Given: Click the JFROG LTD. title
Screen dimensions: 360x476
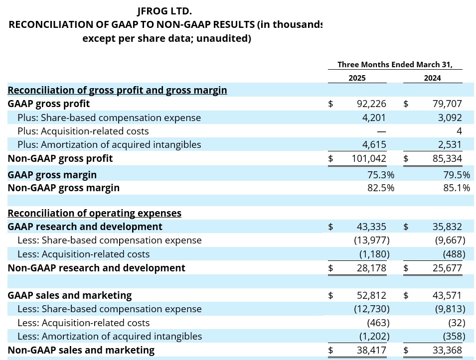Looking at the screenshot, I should [x=164, y=10].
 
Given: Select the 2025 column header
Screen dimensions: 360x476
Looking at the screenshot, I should [x=357, y=78].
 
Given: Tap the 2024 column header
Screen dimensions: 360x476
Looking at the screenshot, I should [x=432, y=78].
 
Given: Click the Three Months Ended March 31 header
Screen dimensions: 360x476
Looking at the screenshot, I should [x=395, y=64].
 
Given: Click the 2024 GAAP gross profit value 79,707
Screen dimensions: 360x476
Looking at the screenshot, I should [x=445, y=104].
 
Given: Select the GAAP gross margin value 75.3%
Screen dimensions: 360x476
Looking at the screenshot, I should [x=380, y=175].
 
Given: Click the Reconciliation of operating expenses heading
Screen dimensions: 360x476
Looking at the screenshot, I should [x=94, y=213].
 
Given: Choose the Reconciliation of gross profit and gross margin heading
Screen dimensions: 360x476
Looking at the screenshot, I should [x=117, y=90].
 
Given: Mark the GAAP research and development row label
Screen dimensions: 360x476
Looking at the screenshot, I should [x=85, y=227].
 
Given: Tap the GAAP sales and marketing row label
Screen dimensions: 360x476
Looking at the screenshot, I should [x=70, y=295].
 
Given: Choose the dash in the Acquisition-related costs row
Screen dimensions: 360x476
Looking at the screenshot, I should [x=381, y=131].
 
